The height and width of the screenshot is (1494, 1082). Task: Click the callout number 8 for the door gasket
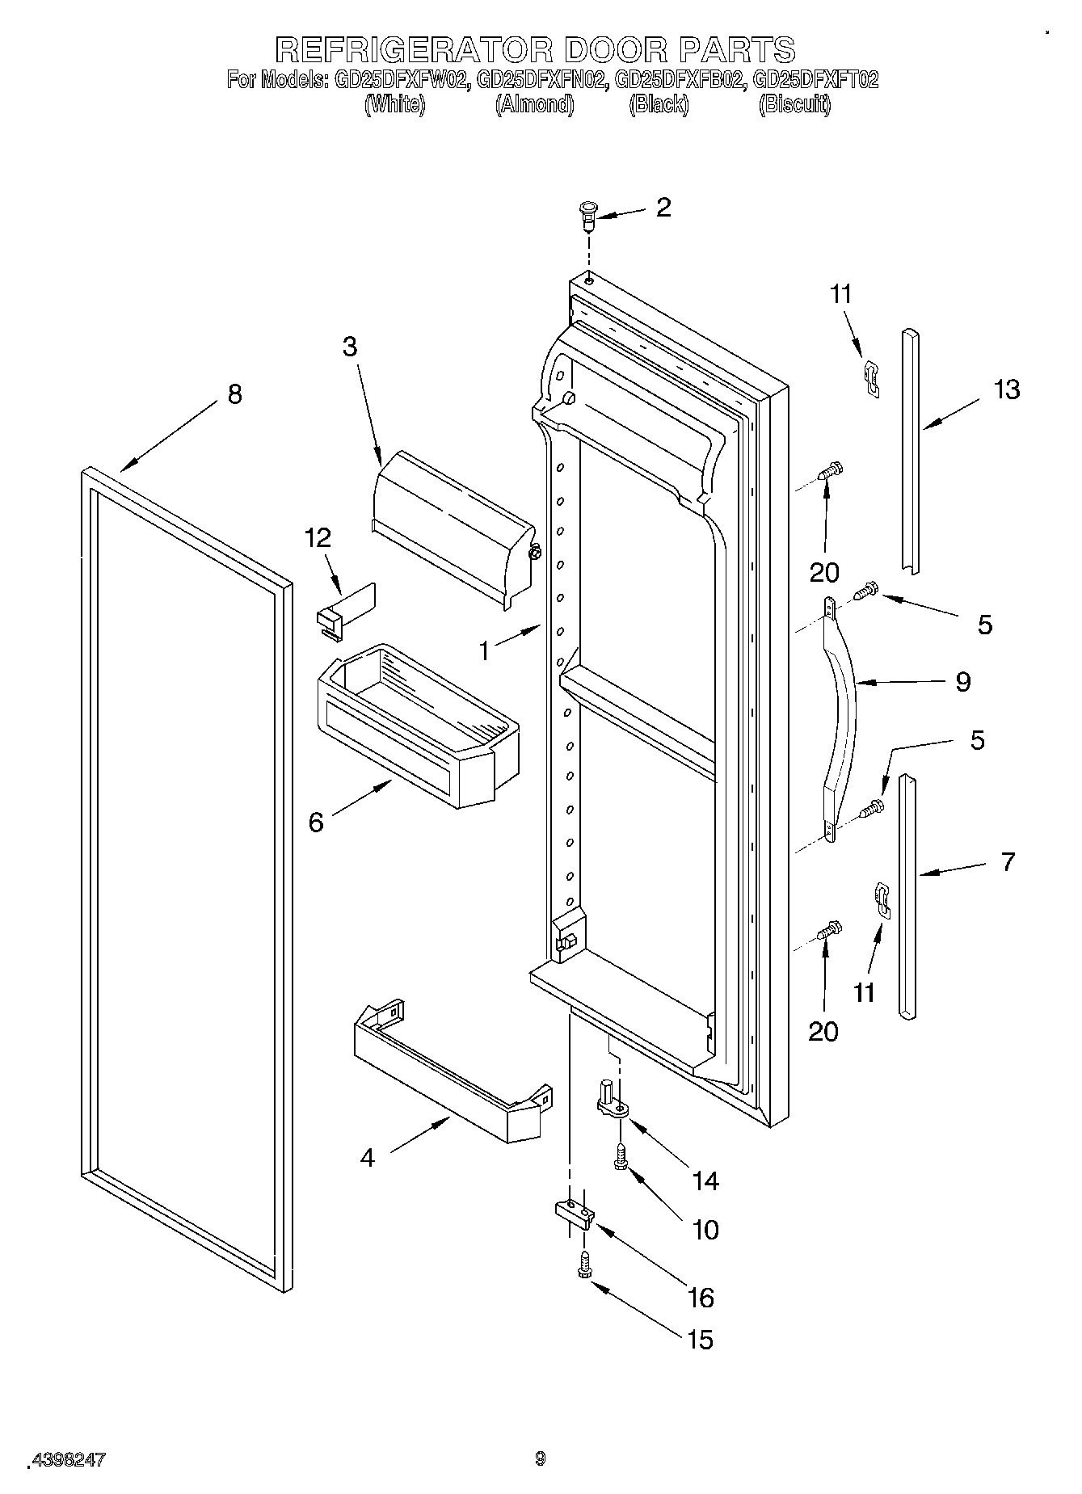[234, 394]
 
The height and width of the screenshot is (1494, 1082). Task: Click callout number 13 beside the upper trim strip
[1007, 389]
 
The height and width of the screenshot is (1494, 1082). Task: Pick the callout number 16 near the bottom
[700, 1298]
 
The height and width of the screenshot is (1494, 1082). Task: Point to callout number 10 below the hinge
[705, 1229]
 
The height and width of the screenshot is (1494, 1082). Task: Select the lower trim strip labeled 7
[907, 897]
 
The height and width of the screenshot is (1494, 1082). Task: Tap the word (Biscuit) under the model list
[794, 104]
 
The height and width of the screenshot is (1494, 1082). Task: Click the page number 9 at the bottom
[540, 1458]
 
